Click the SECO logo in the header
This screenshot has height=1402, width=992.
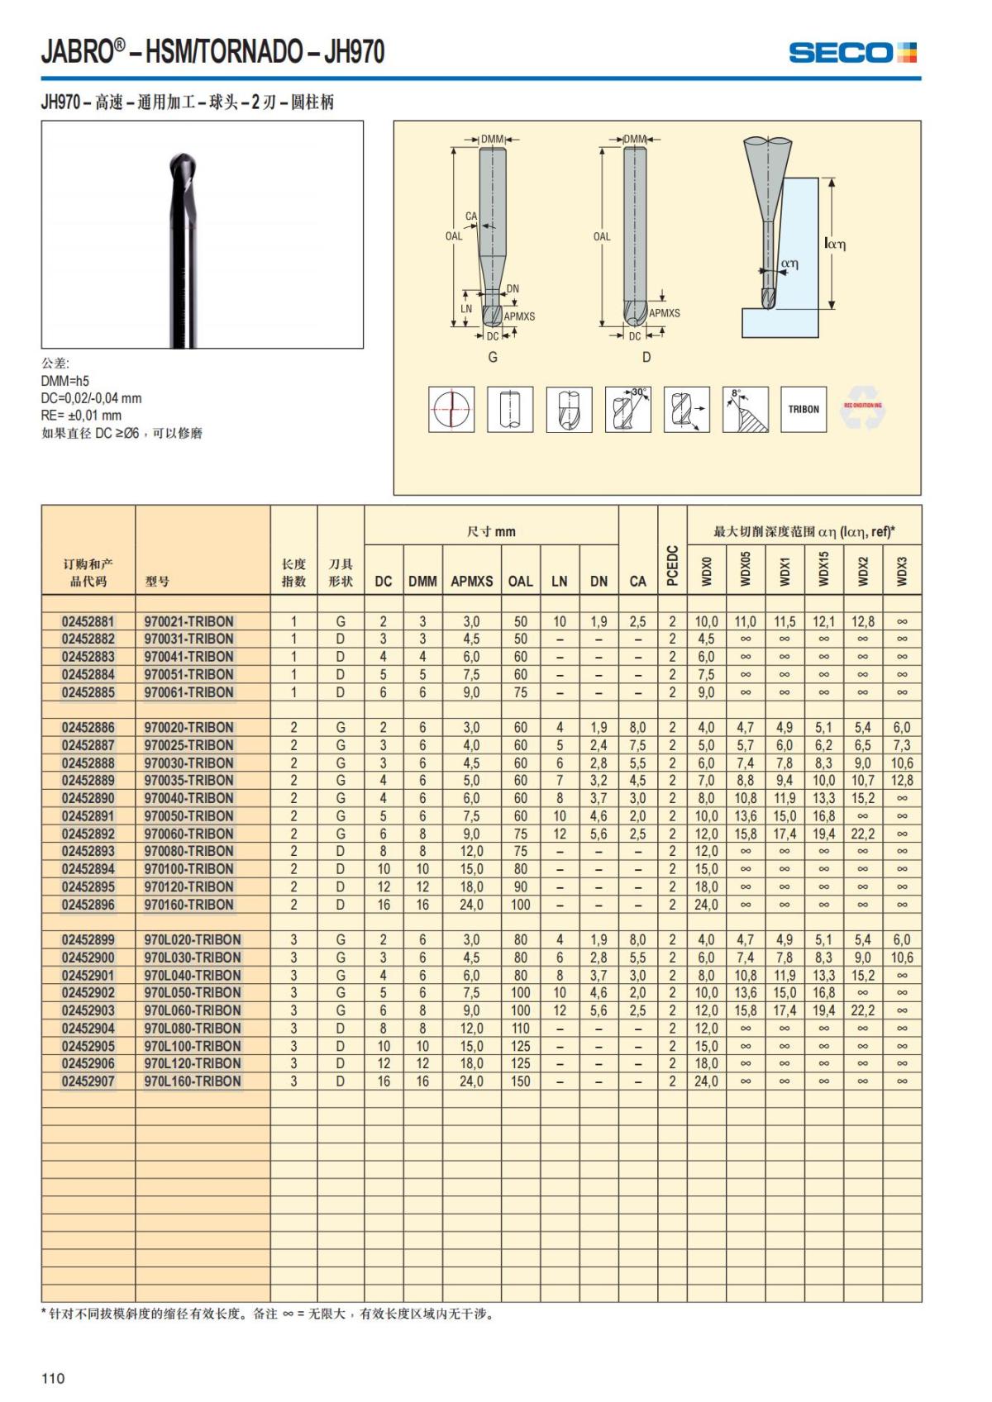(852, 53)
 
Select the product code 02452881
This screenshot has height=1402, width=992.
(88, 621)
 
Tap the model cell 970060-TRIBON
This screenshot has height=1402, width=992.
(189, 834)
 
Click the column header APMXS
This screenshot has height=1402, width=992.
(471, 581)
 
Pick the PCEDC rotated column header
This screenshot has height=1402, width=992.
(672, 565)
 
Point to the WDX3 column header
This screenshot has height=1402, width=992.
(902, 570)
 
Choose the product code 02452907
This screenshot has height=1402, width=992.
(88, 1081)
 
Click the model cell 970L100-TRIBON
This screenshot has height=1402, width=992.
(193, 1046)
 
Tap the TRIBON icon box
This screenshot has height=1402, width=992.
(804, 409)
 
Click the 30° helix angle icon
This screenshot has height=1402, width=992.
(627, 409)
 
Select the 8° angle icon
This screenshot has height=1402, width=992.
(745, 409)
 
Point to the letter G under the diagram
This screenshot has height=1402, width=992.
(493, 357)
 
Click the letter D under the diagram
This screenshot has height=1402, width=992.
(646, 357)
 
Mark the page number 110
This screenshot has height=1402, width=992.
(53, 1377)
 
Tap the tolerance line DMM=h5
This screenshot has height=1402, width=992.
(65, 381)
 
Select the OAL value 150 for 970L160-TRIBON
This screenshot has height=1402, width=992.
(520, 1081)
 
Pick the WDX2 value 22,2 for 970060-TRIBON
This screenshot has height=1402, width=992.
(862, 834)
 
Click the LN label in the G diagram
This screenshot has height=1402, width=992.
(466, 309)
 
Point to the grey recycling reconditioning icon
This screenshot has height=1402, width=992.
(863, 409)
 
